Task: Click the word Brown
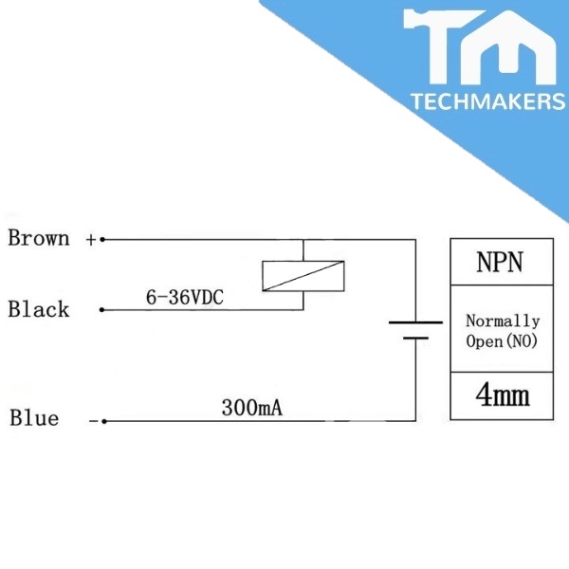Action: (39, 238)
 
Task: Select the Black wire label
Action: (39, 309)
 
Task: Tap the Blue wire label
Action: (34, 418)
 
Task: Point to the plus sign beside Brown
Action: (91, 240)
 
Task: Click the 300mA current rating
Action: (252, 409)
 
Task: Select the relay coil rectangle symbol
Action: (302, 275)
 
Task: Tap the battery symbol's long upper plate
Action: (415, 322)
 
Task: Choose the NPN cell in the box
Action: (500, 262)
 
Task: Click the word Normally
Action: (503, 321)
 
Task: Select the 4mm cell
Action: (502, 395)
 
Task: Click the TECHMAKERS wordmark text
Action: (487, 101)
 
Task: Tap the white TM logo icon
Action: (481, 47)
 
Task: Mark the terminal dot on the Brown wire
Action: (102, 240)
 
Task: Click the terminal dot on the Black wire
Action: (102, 310)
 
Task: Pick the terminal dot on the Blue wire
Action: (102, 420)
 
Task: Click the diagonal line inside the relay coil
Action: (302, 275)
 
